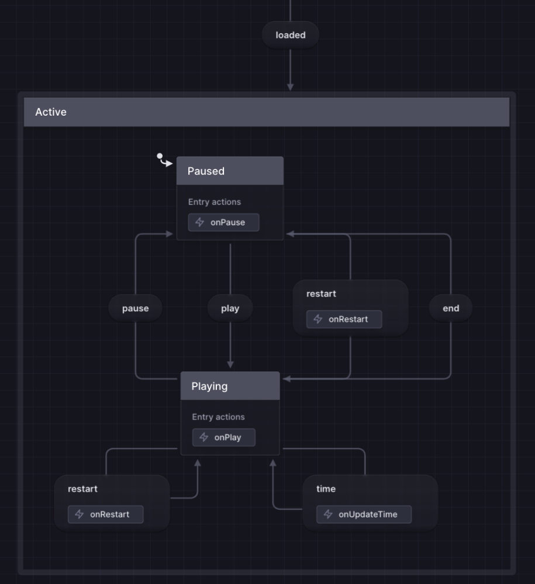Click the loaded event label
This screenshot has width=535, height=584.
pyautogui.click(x=291, y=35)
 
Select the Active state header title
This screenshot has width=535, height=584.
pyautogui.click(x=51, y=112)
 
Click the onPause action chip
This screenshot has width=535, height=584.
pyautogui.click(x=223, y=223)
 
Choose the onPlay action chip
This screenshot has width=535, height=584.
pyautogui.click(x=224, y=437)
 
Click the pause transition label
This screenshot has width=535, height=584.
pyautogui.click(x=135, y=308)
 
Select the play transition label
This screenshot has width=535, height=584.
pyautogui.click(x=230, y=308)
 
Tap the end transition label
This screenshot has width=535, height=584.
pyautogui.click(x=451, y=308)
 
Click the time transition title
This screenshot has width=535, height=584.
pyautogui.click(x=326, y=489)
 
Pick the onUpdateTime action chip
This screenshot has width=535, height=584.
pyautogui.click(x=364, y=515)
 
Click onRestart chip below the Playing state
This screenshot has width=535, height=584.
pyautogui.click(x=105, y=515)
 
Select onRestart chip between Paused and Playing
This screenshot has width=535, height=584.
pyautogui.click(x=344, y=319)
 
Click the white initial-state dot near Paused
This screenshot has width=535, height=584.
pyautogui.click(x=160, y=156)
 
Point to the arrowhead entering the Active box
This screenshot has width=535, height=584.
pyautogui.click(x=290, y=87)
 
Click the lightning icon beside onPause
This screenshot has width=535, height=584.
pyautogui.click(x=200, y=223)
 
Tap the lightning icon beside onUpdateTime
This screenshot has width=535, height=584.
pyautogui.click(x=328, y=515)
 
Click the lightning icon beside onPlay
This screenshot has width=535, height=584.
pyautogui.click(x=203, y=437)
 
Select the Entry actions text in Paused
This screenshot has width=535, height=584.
pyautogui.click(x=215, y=202)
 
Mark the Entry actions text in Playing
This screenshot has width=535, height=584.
pyautogui.click(x=218, y=417)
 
